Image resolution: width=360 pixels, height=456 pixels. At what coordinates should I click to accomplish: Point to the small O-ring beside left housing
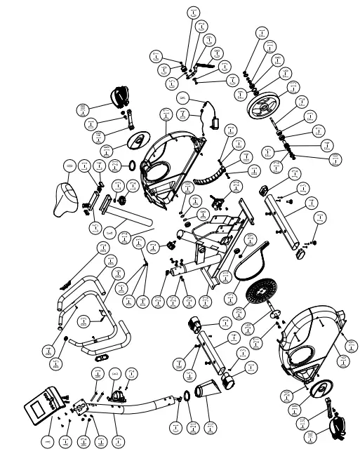click(131, 166)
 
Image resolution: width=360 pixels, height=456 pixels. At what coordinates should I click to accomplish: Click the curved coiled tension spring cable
click(209, 179)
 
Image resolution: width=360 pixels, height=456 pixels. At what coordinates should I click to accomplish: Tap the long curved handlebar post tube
click(151, 403)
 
